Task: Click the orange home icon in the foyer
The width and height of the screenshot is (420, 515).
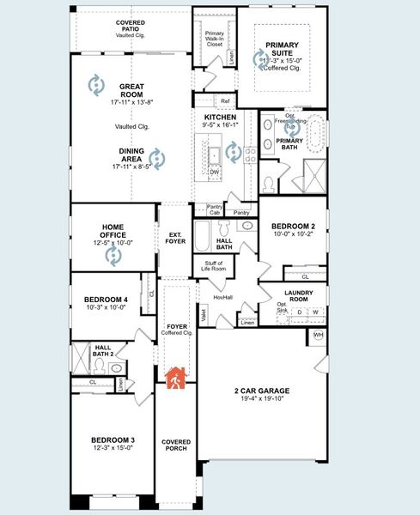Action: [x=176, y=378]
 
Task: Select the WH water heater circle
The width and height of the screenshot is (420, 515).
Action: [x=319, y=335]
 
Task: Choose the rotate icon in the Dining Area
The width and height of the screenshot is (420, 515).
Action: [x=156, y=158]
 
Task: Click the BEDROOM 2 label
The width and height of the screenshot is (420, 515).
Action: [x=294, y=225]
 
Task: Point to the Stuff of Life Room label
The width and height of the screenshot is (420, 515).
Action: [x=213, y=266]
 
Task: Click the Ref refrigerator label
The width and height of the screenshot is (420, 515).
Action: [x=225, y=101]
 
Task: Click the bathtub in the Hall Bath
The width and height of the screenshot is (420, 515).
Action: [x=202, y=234]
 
